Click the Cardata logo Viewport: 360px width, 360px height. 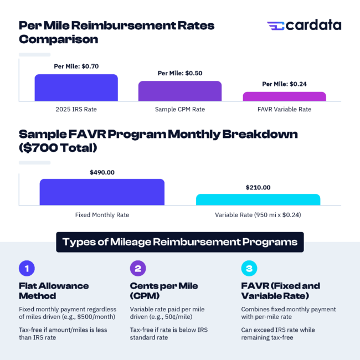point(304,25)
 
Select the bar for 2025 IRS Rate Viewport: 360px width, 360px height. point(76,88)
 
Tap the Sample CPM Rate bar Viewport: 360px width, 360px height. point(180,91)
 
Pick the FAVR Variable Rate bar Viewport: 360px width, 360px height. point(284,96)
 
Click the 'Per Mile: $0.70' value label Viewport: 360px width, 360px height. point(76,66)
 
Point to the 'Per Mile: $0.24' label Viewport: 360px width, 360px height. point(284,84)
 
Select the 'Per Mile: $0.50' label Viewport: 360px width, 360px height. point(180,73)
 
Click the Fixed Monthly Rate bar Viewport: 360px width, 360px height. point(102,192)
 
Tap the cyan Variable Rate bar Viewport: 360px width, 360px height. point(258,200)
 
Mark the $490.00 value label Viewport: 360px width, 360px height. point(102,172)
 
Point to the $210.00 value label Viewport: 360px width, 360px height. point(258,187)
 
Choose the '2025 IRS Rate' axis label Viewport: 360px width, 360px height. point(76,109)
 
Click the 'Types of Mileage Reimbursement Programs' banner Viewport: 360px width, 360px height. point(180,242)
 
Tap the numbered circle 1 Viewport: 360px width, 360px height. point(27,269)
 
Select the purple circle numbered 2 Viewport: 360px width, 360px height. point(138,269)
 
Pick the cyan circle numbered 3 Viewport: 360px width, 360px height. point(249,269)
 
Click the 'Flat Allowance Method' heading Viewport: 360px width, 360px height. point(54,291)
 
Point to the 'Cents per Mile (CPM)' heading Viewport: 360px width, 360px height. point(164,291)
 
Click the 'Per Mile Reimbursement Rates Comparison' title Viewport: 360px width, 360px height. point(116,32)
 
